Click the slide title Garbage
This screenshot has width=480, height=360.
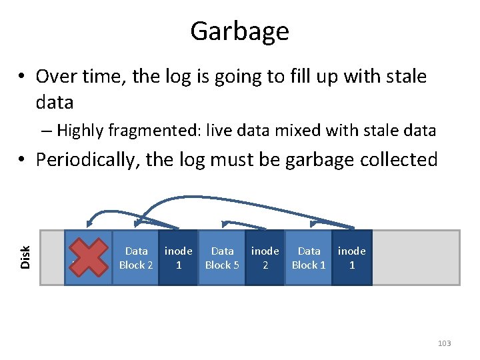(x=239, y=31)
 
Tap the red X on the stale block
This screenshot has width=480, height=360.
(x=88, y=257)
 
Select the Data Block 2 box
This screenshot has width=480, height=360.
(x=135, y=257)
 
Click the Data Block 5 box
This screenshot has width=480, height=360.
(x=222, y=257)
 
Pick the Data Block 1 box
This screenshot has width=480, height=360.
(x=309, y=257)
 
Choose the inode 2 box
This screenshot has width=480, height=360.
(x=265, y=257)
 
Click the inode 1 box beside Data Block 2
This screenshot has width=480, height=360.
(x=178, y=257)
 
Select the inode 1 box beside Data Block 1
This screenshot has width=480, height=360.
(x=351, y=257)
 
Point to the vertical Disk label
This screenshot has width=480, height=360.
(x=25, y=257)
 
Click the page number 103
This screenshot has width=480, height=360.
(x=444, y=343)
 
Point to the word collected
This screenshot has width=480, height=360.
(x=401, y=160)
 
